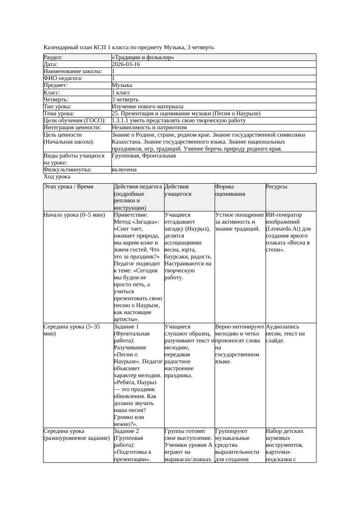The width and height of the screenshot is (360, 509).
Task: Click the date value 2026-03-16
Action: [x=126, y=64]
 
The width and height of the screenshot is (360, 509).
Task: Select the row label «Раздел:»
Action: [x=53, y=57]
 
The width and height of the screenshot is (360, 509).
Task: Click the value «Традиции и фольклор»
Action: [x=143, y=57]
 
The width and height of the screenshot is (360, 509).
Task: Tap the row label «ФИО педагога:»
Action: [x=63, y=78]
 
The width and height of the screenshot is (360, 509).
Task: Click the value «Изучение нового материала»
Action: [x=148, y=106]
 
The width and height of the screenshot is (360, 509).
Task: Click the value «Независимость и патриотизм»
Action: [x=149, y=127]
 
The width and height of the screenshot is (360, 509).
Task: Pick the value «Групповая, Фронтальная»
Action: [x=144, y=155]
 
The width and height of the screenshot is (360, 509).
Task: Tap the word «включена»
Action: [x=124, y=170]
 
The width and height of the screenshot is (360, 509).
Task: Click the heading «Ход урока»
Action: [x=57, y=177]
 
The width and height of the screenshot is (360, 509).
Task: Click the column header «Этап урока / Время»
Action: [x=68, y=187]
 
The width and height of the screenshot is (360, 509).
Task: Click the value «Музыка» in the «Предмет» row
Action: [x=122, y=85]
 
